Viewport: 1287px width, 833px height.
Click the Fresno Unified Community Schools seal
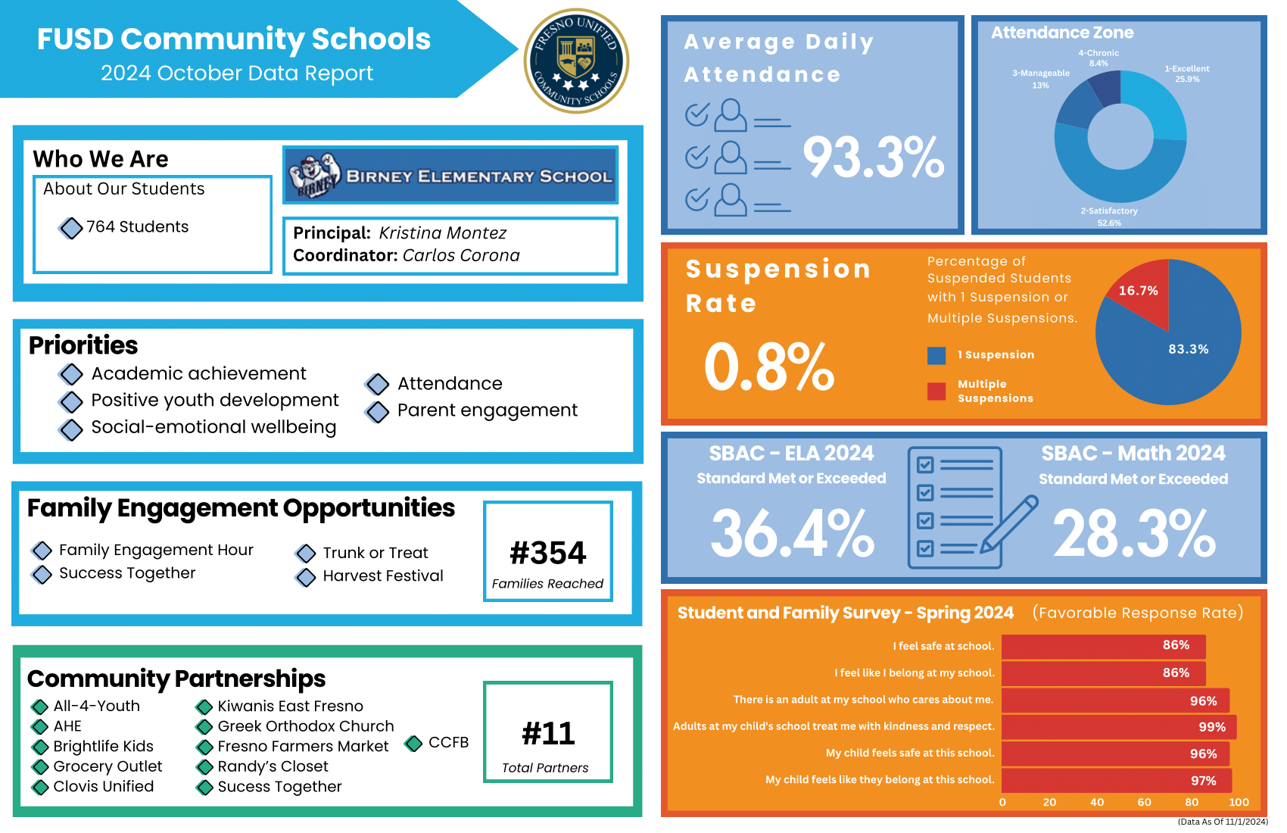576,61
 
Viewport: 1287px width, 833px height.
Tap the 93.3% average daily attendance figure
873,158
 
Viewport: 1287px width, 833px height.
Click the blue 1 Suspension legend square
936,355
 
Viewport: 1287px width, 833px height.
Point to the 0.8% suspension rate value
768,367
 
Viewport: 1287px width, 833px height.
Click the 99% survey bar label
1211,727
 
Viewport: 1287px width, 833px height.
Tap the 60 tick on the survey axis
1144,802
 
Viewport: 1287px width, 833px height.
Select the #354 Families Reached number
548,553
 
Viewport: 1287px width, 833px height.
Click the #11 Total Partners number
548,733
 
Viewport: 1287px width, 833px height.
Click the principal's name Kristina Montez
442,233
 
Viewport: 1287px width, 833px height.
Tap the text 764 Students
137,227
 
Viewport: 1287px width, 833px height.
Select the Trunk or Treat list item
375,553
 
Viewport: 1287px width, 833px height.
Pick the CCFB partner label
448,742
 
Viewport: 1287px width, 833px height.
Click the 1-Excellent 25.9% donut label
1186,73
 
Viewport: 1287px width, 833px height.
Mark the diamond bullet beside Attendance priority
377,385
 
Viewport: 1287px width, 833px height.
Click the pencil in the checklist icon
1009,524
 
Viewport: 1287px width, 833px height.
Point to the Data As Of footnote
1222,822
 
